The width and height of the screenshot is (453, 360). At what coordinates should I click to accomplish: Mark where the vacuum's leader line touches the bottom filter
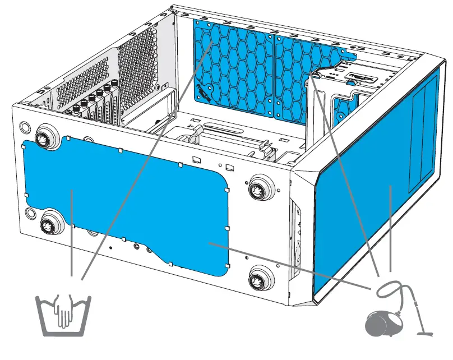(209, 243)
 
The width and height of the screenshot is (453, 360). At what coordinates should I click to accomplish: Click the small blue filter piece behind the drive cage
(342, 109)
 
